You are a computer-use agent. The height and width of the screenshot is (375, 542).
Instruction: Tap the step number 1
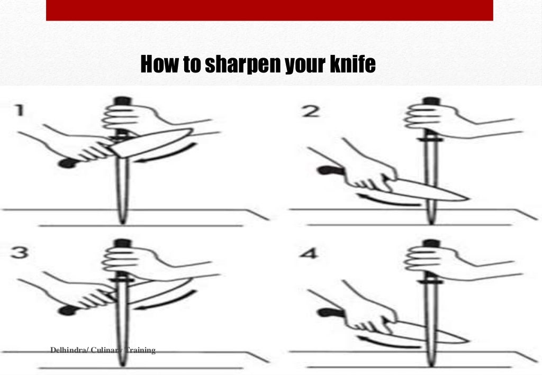point(19,112)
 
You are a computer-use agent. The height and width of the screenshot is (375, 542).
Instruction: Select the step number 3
point(20,253)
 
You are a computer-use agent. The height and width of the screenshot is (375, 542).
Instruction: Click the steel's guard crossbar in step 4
point(430,282)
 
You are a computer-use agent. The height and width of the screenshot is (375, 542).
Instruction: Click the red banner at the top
point(269,10)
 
